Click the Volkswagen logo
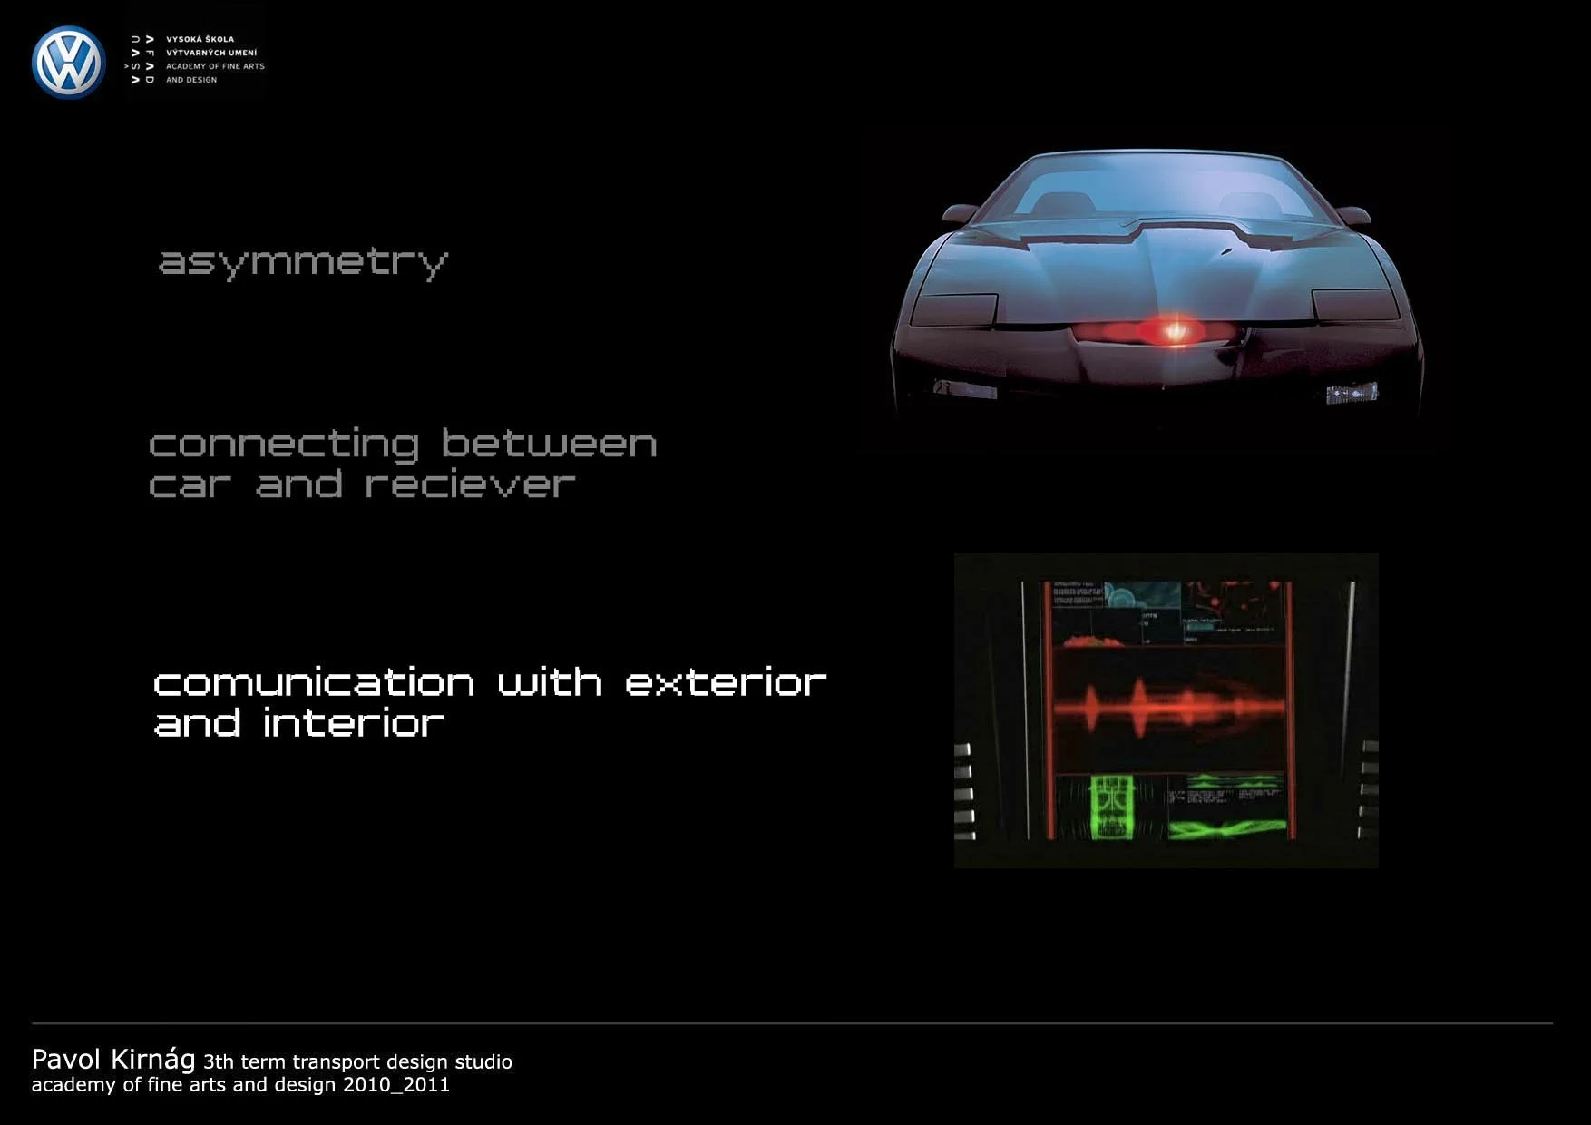tap(68, 62)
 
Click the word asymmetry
tap(303, 262)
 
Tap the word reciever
tap(470, 484)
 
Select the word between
tap(549, 444)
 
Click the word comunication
tap(314, 682)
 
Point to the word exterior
tap(726, 682)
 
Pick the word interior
tap(353, 723)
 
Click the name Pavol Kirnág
tap(113, 1059)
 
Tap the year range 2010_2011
tap(396, 1085)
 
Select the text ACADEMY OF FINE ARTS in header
tap(215, 66)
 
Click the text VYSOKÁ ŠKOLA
tap(200, 39)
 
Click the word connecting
tap(284, 445)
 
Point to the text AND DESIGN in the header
tap(190, 80)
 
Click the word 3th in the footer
tap(218, 1061)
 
